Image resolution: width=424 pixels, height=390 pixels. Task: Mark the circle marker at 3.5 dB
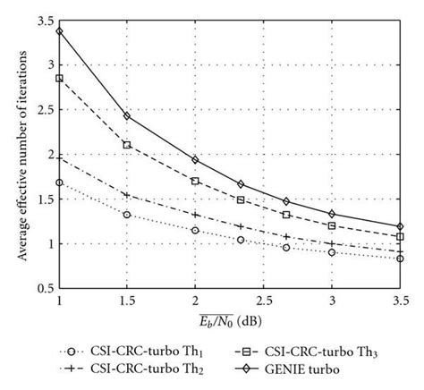(x=401, y=259)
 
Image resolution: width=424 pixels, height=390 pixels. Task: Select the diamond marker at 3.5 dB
(x=401, y=226)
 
